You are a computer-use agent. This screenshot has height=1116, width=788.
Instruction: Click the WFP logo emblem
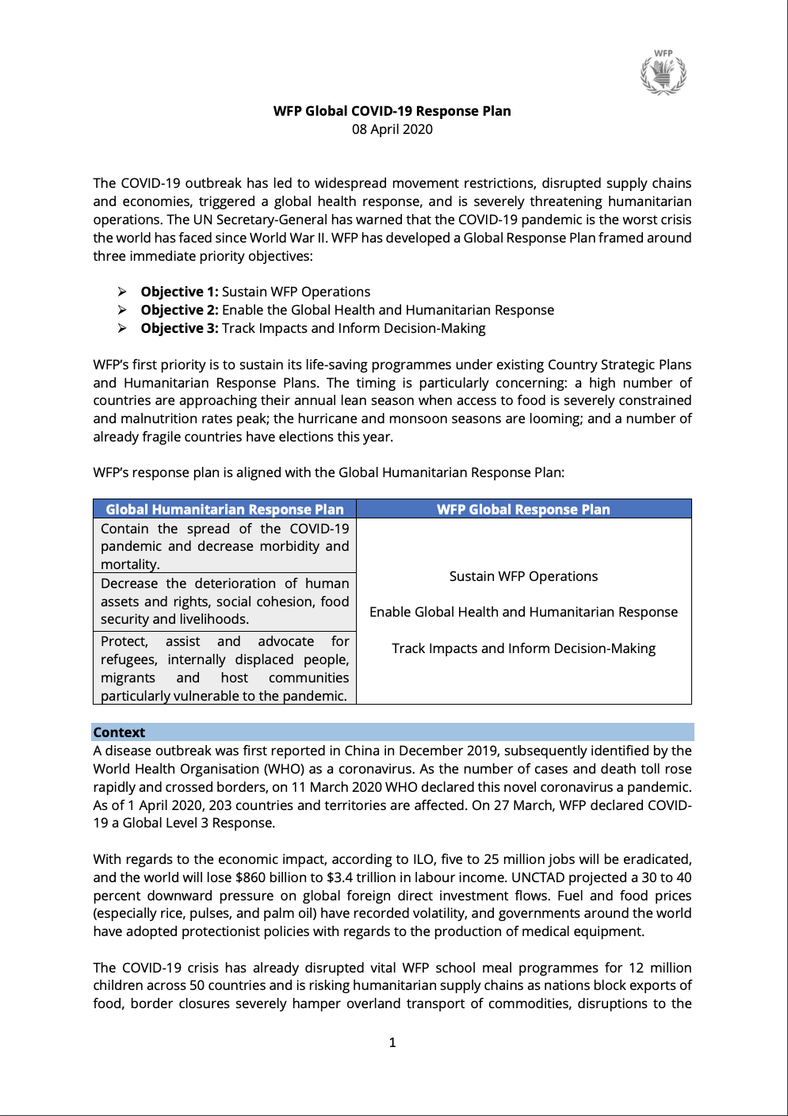point(664,73)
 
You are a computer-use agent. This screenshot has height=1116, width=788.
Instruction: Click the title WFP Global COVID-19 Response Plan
point(392,111)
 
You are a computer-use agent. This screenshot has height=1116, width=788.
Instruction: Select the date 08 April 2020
point(392,129)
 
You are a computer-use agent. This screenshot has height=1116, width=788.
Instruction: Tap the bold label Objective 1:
point(179,292)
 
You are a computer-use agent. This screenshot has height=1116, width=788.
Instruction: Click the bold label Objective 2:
point(179,310)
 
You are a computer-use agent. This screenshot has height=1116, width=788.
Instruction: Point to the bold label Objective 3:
point(179,328)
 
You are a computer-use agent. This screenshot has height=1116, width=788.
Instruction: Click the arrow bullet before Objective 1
point(122,292)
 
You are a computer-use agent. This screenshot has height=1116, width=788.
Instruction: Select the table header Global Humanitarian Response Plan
point(224,509)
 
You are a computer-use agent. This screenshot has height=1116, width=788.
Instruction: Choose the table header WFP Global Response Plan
point(523,509)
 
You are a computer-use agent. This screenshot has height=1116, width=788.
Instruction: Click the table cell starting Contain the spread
point(224,546)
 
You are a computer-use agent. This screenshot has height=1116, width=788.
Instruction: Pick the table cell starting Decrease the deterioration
point(224,601)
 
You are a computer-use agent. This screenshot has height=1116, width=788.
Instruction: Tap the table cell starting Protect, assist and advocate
point(224,668)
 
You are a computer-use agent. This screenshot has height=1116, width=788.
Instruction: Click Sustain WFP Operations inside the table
point(523,576)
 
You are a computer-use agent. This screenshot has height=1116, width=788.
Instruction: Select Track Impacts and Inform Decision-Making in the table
point(523,648)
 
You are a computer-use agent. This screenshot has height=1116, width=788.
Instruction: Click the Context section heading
point(119,732)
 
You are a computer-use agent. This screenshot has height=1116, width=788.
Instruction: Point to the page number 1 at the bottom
point(392,1042)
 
